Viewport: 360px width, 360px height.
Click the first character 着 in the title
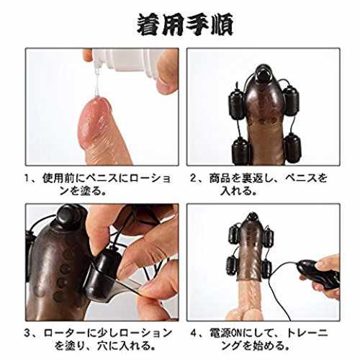(x=149, y=24)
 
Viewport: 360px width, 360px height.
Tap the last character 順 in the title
(x=222, y=24)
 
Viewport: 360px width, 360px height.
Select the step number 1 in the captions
(x=27, y=179)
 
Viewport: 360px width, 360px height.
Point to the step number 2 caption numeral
(x=193, y=179)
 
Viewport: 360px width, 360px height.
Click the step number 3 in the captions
(x=27, y=333)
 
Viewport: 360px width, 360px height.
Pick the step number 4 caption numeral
(x=194, y=333)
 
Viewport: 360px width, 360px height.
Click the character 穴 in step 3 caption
(x=104, y=346)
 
